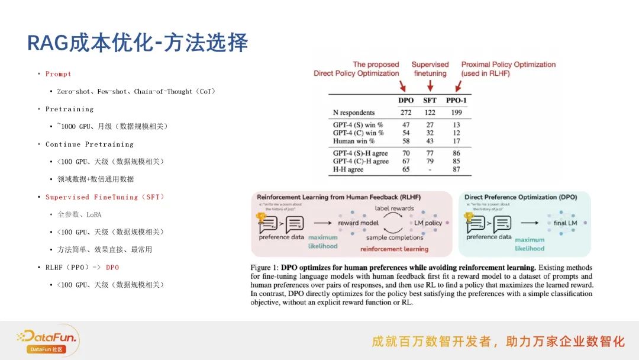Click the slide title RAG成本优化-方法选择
click(x=137, y=43)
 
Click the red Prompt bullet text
click(x=58, y=74)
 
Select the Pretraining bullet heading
click(x=69, y=109)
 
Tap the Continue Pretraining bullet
click(x=89, y=144)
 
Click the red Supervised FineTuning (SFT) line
click(x=105, y=197)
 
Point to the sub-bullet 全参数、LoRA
click(x=79, y=214)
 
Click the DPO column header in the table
click(x=406, y=100)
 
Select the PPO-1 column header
click(x=456, y=100)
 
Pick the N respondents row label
click(x=354, y=112)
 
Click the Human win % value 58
click(x=406, y=140)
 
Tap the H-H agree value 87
click(x=456, y=169)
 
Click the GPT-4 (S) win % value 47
click(x=406, y=125)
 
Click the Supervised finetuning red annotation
click(x=430, y=69)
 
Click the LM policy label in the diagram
click(x=428, y=223)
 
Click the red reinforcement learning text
click(x=394, y=249)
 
